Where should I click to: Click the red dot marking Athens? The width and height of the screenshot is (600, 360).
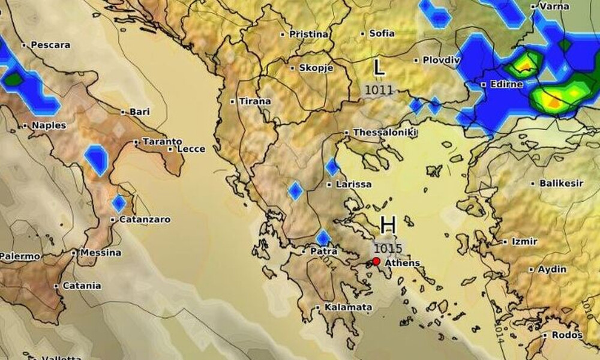coord(376,261)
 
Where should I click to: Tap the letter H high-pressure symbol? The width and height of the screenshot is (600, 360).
coord(388,226)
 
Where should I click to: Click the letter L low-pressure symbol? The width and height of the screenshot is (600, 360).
coord(379,67)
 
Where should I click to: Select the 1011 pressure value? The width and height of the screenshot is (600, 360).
coord(379,91)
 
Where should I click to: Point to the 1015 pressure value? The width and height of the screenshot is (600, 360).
coord(388,247)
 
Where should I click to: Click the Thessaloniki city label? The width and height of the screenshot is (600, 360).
coord(385,133)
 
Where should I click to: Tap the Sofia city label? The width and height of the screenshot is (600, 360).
coord(382,34)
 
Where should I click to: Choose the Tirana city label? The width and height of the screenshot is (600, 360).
coord(254,101)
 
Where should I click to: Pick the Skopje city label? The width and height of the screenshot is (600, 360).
coord(316,68)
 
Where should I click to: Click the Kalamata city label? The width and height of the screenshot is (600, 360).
coord(348,307)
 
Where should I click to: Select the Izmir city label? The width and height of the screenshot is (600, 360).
coord(524,241)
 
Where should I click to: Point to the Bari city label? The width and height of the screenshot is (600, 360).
coord(139,112)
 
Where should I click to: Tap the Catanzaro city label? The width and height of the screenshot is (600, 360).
coord(145,220)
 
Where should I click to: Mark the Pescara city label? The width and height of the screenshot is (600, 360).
coord(50,45)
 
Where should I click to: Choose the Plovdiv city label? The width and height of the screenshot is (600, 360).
coord(441,60)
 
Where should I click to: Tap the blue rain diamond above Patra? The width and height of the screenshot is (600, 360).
coord(323,238)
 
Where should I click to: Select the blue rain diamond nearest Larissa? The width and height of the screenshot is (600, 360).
coord(332,167)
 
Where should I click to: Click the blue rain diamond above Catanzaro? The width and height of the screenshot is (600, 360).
coord(119,203)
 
